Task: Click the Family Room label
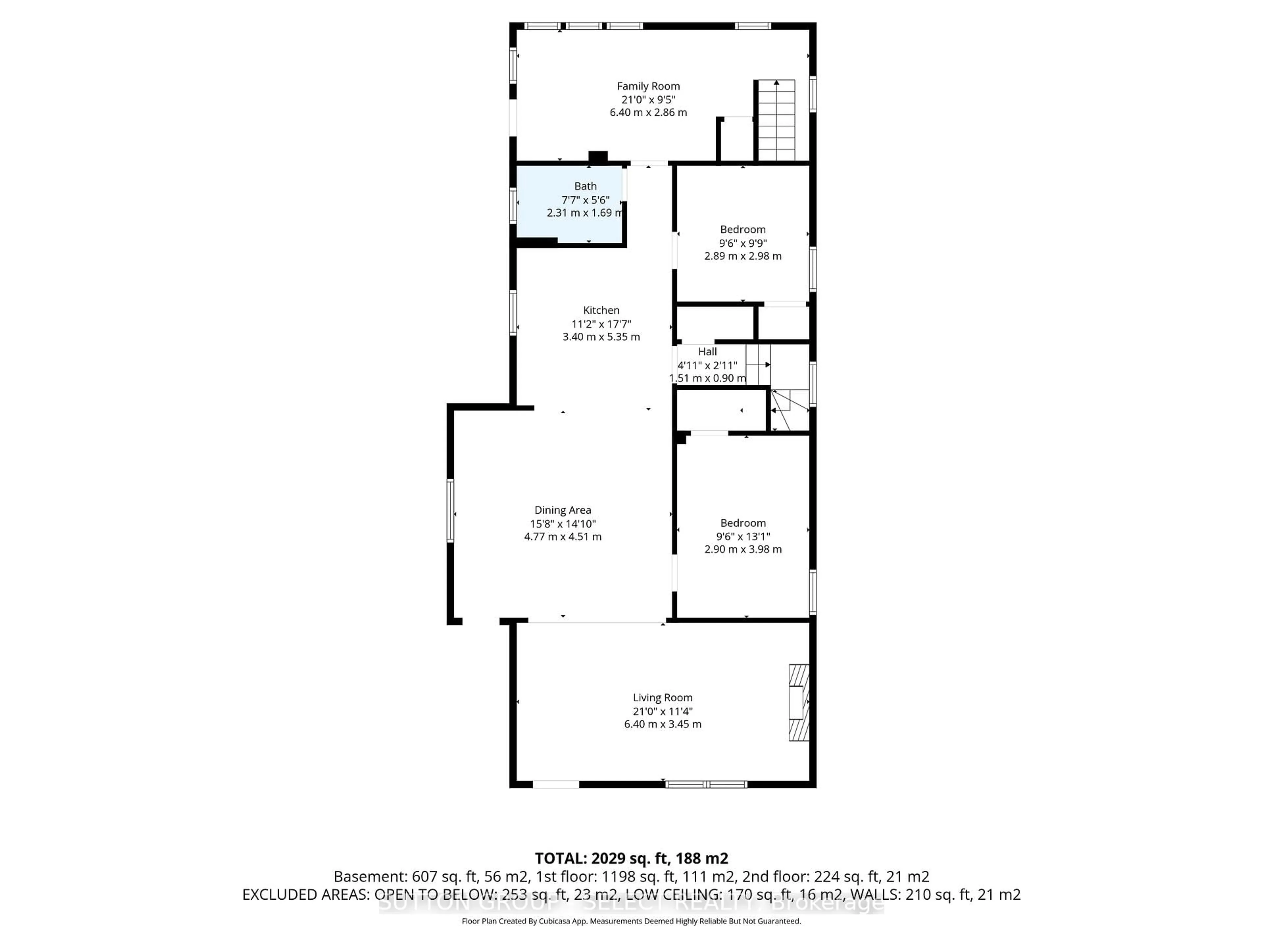[648, 86]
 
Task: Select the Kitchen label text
[601, 310]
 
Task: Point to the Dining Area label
[562, 510]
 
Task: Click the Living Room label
[662, 697]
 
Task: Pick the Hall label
[707, 352]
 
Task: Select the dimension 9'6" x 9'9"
[743, 243]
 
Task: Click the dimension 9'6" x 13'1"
[743, 536]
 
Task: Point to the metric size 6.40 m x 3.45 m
[662, 724]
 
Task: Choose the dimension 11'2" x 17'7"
[601, 324]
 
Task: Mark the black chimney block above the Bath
[598, 156]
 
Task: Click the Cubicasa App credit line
[631, 921]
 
